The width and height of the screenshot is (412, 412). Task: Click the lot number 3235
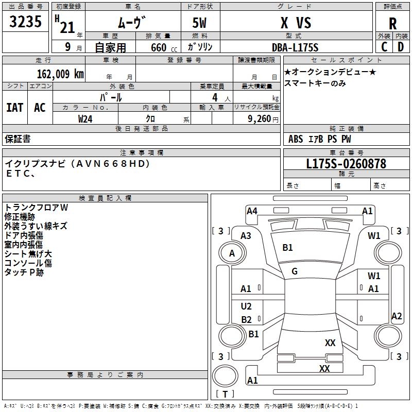25,21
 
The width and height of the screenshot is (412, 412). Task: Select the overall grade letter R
392,24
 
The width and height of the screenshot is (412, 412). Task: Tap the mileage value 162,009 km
60,74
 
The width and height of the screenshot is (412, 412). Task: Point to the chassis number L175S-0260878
346,163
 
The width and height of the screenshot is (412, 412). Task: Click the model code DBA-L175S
295,47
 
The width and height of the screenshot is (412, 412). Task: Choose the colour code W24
85,119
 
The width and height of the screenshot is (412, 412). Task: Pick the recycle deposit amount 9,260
260,119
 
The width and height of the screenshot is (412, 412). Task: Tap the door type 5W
200,23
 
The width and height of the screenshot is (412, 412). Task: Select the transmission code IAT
15,108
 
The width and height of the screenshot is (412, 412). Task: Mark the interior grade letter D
401,47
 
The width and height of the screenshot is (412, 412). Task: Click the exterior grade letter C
384,47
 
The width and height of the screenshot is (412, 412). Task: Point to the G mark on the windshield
295,271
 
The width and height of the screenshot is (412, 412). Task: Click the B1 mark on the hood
287,248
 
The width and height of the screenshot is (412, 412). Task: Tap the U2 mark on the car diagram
246,306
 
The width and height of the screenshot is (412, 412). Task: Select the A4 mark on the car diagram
252,211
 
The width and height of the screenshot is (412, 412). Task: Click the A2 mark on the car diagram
397,316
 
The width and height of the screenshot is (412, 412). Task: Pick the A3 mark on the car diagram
246,236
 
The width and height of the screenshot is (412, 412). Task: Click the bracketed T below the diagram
225,394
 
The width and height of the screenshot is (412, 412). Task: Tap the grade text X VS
296,23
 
